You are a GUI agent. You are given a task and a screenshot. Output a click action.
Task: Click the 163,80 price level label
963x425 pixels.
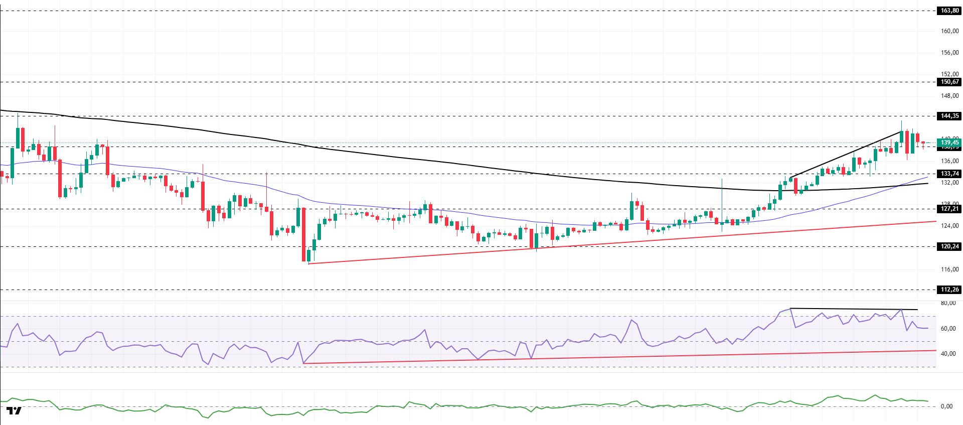click(x=949, y=11)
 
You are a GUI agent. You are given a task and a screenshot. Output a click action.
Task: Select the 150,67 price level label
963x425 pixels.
click(x=949, y=82)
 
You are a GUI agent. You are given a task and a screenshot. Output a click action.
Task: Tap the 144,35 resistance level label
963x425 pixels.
click(x=949, y=116)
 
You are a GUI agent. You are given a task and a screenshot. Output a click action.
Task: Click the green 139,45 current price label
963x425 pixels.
click(x=949, y=143)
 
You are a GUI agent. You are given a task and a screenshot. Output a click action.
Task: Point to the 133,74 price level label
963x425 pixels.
click(x=949, y=174)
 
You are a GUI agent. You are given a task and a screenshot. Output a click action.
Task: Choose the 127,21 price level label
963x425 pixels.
click(x=949, y=209)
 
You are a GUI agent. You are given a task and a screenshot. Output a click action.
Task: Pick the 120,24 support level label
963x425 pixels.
click(x=949, y=246)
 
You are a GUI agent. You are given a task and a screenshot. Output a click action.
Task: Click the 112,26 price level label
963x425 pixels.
click(x=949, y=290)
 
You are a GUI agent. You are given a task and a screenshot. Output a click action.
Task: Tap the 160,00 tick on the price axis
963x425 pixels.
click(x=949, y=31)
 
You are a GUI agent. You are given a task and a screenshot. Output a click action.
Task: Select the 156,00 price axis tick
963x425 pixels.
click(x=949, y=53)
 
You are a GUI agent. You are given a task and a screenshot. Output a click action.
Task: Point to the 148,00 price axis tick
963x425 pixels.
click(x=949, y=96)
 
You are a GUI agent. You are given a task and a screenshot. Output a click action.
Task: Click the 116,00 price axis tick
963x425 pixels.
click(x=949, y=269)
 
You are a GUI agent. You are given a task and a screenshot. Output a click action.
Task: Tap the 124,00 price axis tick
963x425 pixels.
click(x=949, y=226)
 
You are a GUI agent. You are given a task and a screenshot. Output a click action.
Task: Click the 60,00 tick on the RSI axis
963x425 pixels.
click(x=947, y=329)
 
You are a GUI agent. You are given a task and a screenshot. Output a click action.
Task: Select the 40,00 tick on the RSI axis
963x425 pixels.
click(x=947, y=354)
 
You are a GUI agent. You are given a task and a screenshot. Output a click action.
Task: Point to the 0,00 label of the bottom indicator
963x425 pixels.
click(x=946, y=406)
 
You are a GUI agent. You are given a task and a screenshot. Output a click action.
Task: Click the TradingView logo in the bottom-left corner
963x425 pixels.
click(x=15, y=411)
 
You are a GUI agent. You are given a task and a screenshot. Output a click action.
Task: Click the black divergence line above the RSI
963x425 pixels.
click(x=853, y=309)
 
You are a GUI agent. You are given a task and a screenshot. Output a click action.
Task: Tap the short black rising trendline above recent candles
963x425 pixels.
click(x=848, y=154)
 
